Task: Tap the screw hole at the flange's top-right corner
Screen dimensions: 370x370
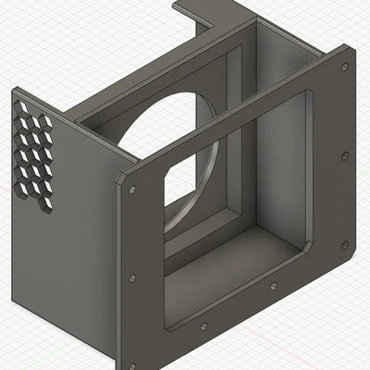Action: coord(343,68)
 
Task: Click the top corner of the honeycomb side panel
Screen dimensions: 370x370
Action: coord(14,91)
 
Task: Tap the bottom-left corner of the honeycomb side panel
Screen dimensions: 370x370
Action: coord(13,301)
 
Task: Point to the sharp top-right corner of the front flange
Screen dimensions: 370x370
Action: coord(351,44)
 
